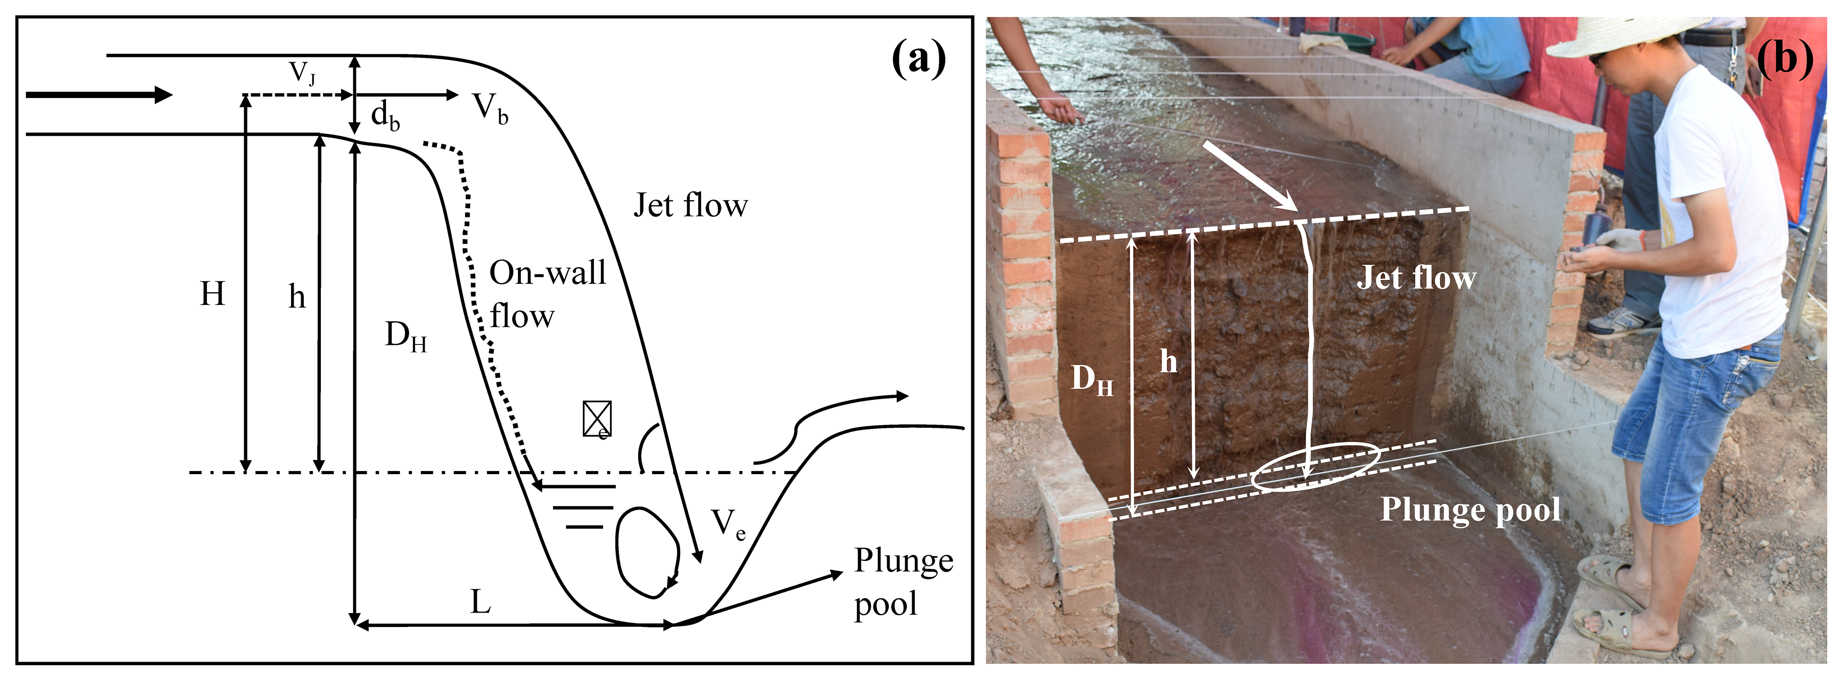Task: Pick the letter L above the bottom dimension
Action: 480,602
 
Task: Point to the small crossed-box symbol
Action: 597,419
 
